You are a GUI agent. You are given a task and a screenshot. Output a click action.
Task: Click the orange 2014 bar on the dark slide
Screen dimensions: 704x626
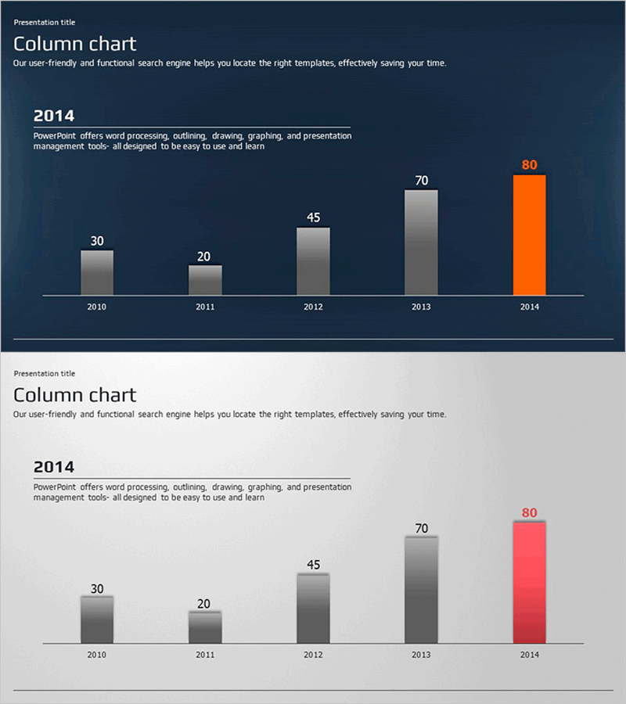pyautogui.click(x=529, y=235)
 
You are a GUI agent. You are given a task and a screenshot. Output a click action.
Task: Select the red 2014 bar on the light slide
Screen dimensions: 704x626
pyautogui.click(x=529, y=583)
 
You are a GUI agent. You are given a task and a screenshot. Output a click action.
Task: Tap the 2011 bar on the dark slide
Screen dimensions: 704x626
pyautogui.click(x=205, y=280)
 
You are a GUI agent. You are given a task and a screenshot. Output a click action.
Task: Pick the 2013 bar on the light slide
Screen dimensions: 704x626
pyautogui.click(x=421, y=590)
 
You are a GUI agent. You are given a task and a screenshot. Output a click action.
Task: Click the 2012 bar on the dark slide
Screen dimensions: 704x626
pyautogui.click(x=313, y=261)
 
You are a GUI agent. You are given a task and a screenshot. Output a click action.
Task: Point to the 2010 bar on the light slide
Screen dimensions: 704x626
pyautogui.click(x=97, y=620)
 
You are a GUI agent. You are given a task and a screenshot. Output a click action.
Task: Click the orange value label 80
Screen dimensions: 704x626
pyautogui.click(x=530, y=165)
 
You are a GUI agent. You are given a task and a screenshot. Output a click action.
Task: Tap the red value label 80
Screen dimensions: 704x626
pyautogui.click(x=530, y=513)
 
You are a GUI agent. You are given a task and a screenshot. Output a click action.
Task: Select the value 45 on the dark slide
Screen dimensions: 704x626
pyautogui.click(x=313, y=217)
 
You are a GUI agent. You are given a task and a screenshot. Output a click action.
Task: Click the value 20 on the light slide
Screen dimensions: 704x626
pyautogui.click(x=204, y=604)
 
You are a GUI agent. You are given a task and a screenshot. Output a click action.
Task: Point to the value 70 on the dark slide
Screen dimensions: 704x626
pyautogui.click(x=421, y=181)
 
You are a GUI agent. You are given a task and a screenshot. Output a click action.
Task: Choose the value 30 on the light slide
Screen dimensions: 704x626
pyautogui.click(x=97, y=589)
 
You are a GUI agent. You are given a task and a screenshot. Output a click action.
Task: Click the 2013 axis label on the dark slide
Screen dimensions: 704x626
pyautogui.click(x=421, y=307)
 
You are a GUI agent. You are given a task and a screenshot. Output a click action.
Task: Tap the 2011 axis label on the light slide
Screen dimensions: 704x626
pyautogui.click(x=205, y=655)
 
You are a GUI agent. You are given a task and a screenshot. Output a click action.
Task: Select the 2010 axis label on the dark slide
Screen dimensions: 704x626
pyautogui.click(x=97, y=307)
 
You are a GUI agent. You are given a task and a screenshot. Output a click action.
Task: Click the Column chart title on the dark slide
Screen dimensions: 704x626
pyautogui.click(x=74, y=44)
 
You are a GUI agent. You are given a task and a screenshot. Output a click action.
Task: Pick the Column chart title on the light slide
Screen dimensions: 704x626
pyautogui.click(x=74, y=395)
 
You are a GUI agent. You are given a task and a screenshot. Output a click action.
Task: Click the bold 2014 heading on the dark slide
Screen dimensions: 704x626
pyautogui.click(x=54, y=116)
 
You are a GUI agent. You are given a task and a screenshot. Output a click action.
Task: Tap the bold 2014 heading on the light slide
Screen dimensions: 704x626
pyautogui.click(x=54, y=467)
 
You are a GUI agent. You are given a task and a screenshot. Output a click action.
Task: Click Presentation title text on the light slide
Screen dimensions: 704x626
pyautogui.click(x=45, y=374)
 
